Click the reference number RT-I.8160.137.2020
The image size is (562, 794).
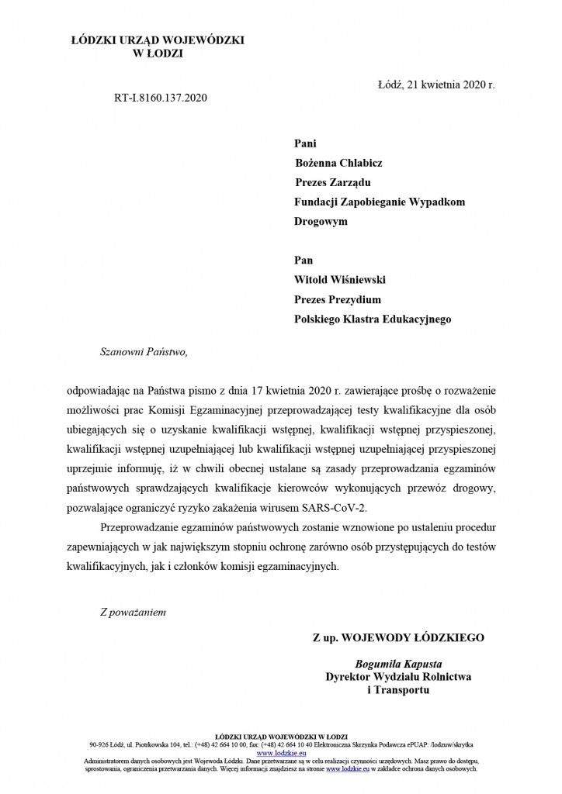click(161, 98)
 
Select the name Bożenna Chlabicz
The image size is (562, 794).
click(338, 163)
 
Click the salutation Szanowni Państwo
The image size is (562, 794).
click(144, 351)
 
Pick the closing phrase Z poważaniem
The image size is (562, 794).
click(133, 611)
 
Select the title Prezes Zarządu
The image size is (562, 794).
click(333, 182)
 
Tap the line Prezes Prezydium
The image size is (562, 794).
click(338, 299)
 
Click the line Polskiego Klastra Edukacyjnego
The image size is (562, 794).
click(373, 318)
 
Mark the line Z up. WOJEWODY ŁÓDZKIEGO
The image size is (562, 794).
click(398, 637)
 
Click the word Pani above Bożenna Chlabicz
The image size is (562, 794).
click(306, 143)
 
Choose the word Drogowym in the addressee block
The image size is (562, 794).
click(321, 221)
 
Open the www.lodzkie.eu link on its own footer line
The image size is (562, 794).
click(280, 753)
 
